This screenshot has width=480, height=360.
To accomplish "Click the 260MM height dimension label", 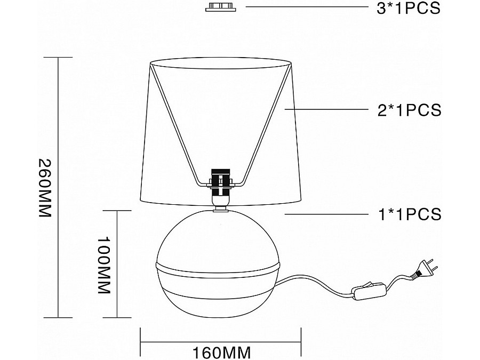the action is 44,188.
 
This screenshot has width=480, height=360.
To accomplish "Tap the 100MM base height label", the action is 103,265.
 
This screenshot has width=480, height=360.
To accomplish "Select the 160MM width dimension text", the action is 221,353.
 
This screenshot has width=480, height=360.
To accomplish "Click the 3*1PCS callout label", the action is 409,8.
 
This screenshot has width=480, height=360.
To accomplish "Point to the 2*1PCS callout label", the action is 409,110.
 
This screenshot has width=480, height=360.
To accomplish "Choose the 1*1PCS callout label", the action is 410,214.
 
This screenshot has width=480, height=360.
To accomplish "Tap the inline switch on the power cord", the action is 369,291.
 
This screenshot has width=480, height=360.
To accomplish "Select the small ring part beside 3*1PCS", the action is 221,7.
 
